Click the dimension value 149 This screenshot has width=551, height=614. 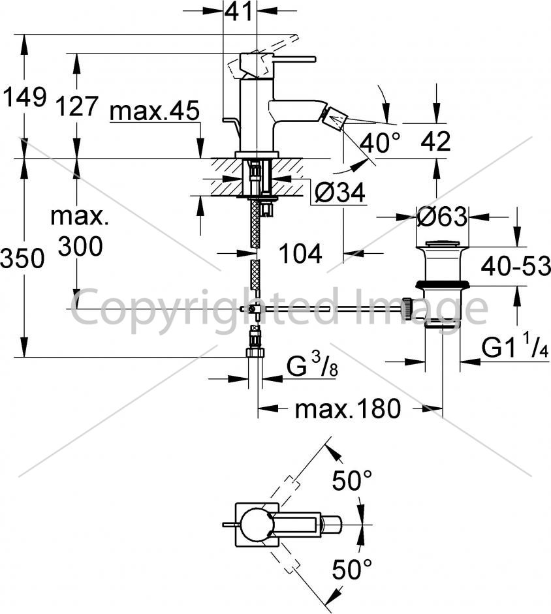coord(24,97)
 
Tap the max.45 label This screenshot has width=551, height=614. coord(155,111)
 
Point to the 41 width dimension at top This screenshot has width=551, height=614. coord(239,12)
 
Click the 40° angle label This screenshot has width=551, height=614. coord(380,142)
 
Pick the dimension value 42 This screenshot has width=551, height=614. coord(435,141)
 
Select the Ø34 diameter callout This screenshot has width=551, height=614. coord(340,192)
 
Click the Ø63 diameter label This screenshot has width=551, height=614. coord(442,217)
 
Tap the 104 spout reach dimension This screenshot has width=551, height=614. coord(300,253)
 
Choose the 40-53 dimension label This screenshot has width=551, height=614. coord(515,266)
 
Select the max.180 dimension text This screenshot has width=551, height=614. coord(348,409)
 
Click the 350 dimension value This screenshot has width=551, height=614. coord(23,258)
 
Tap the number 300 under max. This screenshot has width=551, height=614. coord(80,246)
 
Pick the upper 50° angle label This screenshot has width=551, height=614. coord(351,480)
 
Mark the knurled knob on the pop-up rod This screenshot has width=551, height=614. coord(407,309)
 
